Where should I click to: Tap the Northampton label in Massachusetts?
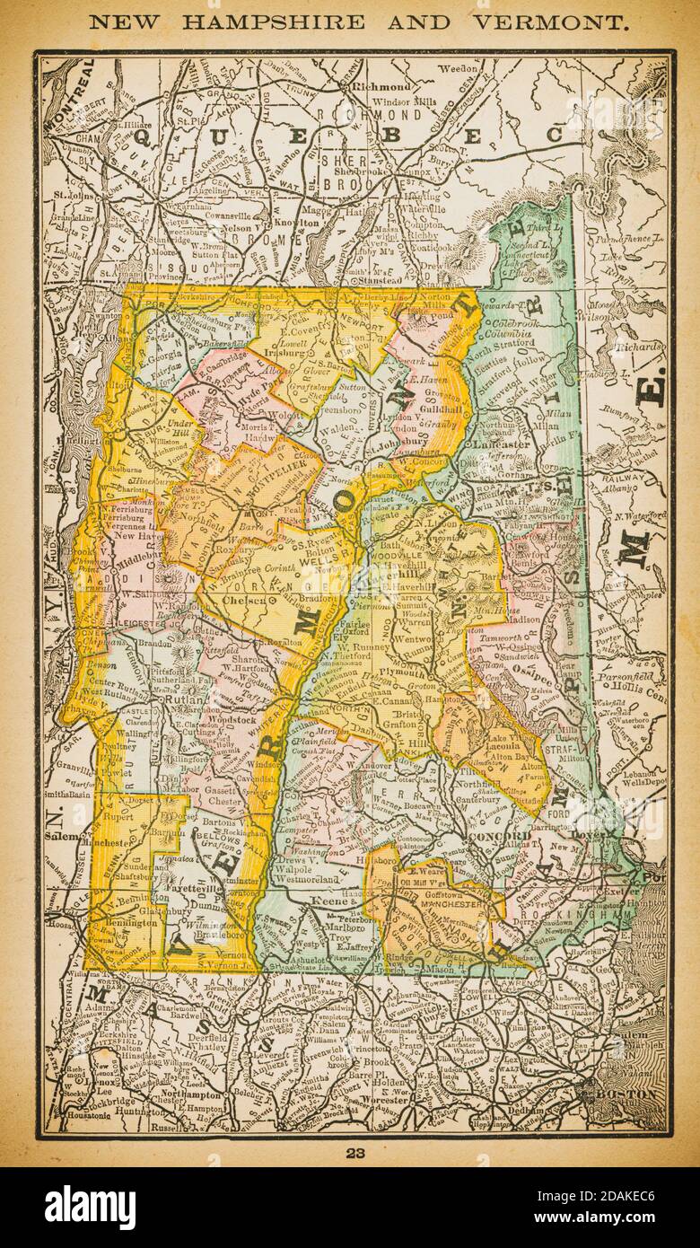(x=188, y=1095)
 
